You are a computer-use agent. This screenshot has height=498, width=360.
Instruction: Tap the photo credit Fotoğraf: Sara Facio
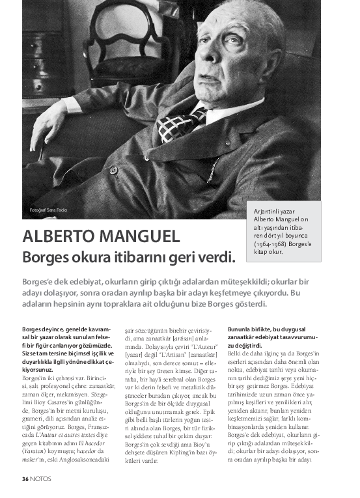pos(48,210)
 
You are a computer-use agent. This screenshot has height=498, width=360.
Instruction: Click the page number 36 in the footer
pos(24,479)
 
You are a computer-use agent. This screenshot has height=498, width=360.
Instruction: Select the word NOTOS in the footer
pos(40,479)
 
